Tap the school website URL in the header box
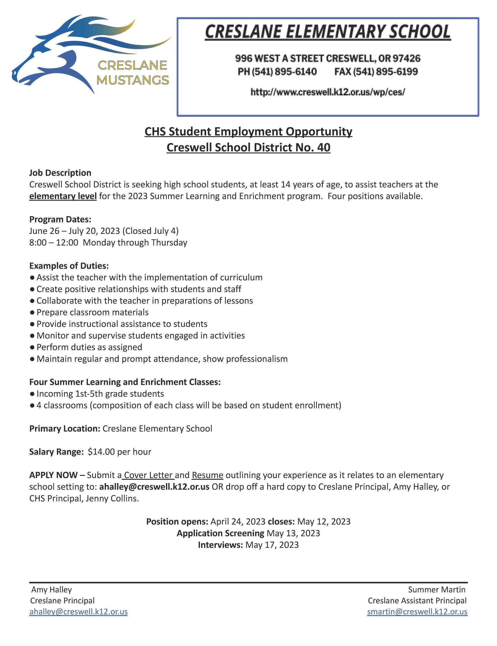pos(327,92)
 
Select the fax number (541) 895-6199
pos(376,72)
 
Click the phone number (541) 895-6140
pos(277,72)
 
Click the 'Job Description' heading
pos(60,173)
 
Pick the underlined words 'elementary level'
pos(63,196)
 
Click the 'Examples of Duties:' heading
pos(69,266)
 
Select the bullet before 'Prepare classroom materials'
pos(32,312)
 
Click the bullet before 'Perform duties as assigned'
pos(32,347)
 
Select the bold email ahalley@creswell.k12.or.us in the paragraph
pos(154,487)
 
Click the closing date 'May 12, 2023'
pos(323,522)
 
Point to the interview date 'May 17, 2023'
pos(272,545)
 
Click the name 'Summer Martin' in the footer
pos(436,589)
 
